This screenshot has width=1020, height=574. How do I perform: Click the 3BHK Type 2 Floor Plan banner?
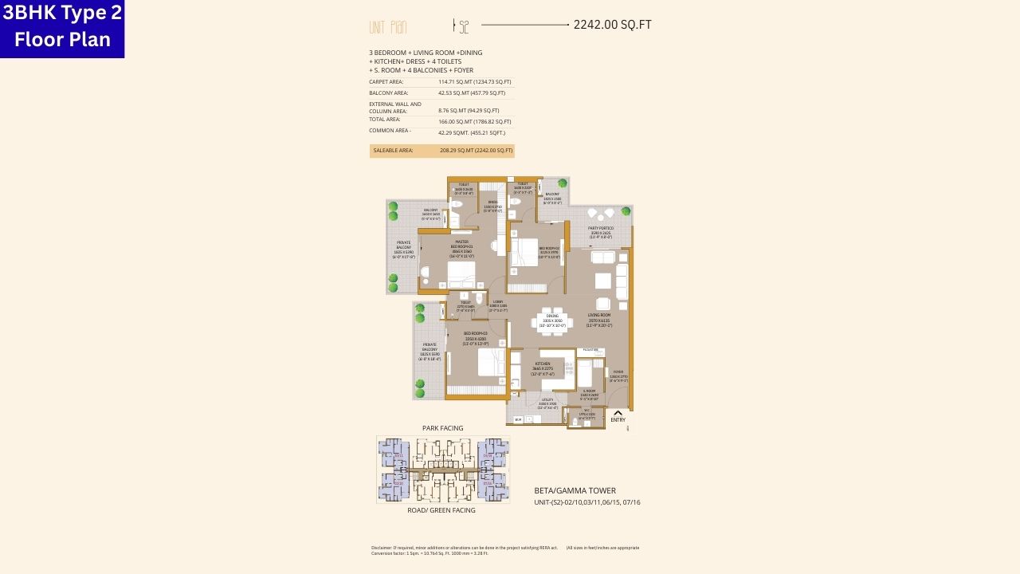click(x=61, y=28)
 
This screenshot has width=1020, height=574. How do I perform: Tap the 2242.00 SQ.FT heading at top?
click(x=612, y=25)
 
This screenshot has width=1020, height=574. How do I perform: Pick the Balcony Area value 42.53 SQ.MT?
click(x=471, y=93)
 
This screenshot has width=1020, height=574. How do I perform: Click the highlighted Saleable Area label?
click(x=393, y=151)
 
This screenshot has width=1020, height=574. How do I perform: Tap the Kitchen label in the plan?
click(x=543, y=366)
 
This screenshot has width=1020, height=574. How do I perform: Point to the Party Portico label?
click(x=601, y=232)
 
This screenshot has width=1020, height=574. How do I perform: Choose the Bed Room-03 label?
click(x=475, y=336)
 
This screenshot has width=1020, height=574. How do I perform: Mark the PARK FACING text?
click(x=442, y=428)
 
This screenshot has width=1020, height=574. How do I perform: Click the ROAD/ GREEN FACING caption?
click(x=441, y=510)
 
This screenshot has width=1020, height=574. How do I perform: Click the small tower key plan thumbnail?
click(x=442, y=470)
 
